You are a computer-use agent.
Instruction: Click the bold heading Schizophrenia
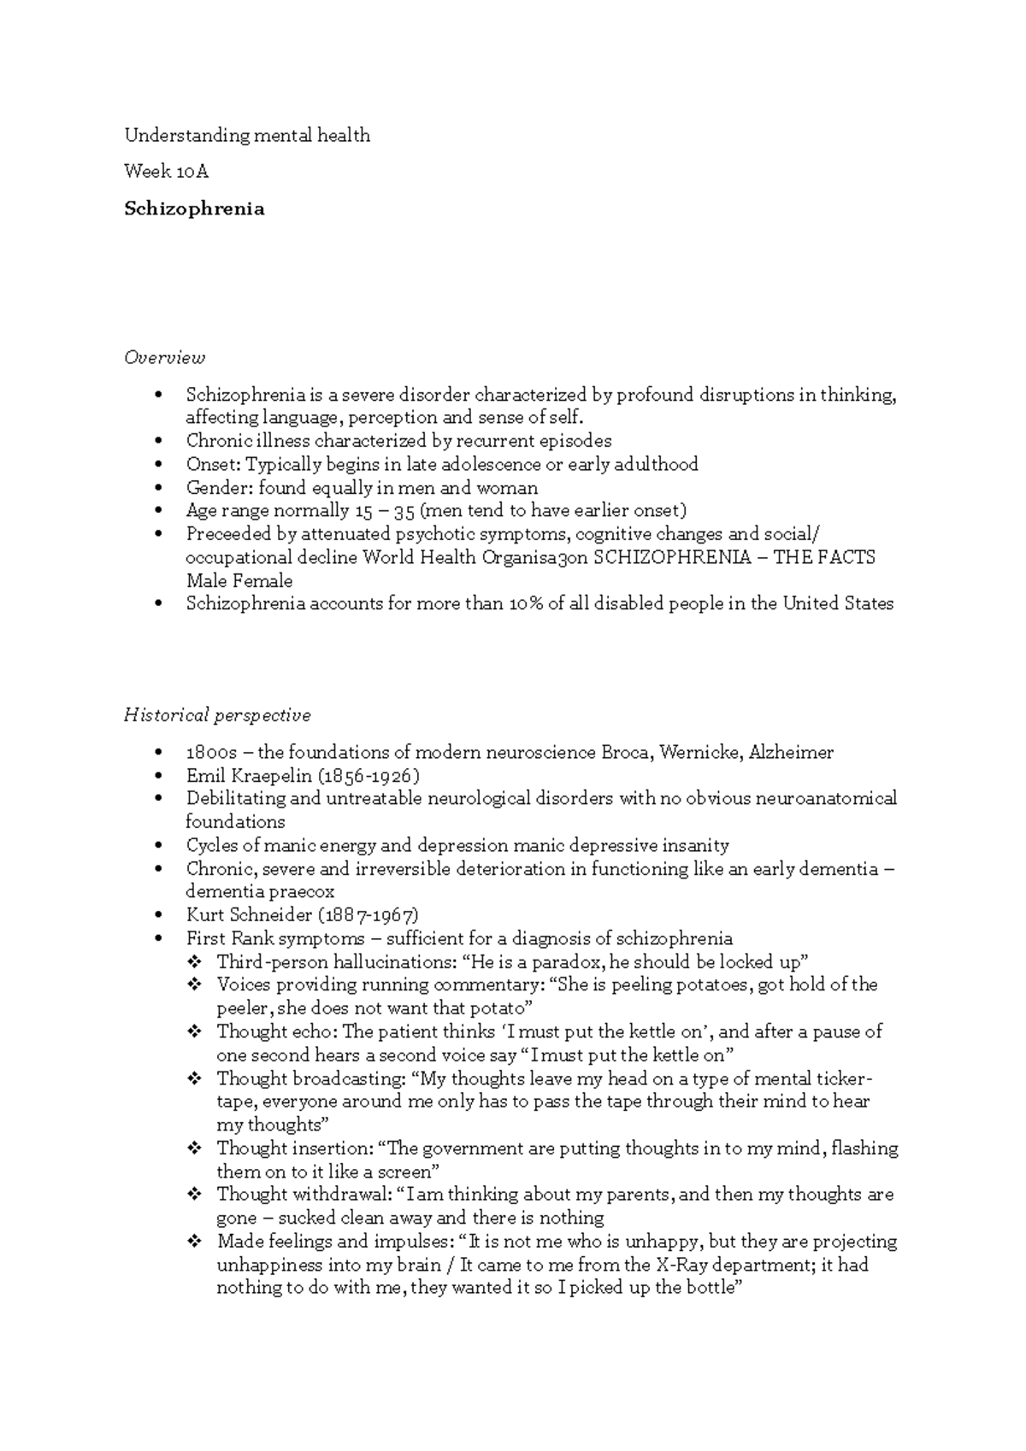(x=194, y=209)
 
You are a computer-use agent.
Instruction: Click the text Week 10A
(x=166, y=172)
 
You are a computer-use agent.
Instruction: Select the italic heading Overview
(x=164, y=357)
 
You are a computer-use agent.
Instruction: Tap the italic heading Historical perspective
(x=217, y=714)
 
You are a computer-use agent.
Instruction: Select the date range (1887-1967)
(x=369, y=915)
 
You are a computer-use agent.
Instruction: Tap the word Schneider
(x=271, y=915)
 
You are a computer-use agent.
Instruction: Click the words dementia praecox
(x=260, y=892)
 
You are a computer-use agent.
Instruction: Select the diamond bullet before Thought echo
(x=194, y=1031)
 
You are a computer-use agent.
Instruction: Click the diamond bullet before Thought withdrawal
(x=194, y=1195)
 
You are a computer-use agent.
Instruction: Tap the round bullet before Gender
(x=159, y=488)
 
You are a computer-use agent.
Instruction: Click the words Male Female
(x=239, y=581)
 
